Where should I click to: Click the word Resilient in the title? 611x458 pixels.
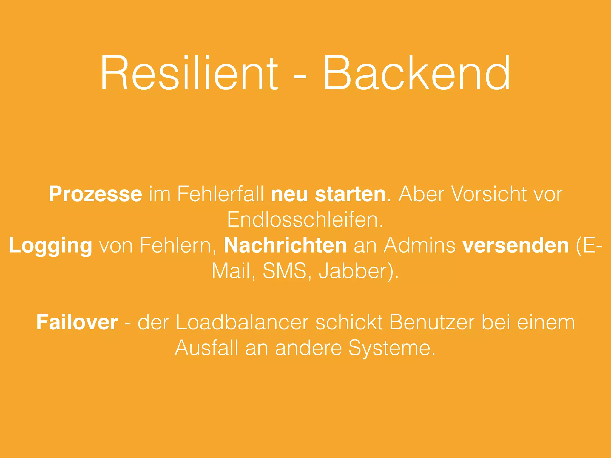[x=189, y=73]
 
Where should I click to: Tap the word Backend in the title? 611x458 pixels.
[x=416, y=73]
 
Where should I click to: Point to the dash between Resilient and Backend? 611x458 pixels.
[x=300, y=78]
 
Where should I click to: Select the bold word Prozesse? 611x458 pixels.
[x=95, y=194]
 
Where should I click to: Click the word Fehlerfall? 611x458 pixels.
[x=221, y=194]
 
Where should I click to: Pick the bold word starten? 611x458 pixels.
[x=351, y=194]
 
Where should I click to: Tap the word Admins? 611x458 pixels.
[x=419, y=245]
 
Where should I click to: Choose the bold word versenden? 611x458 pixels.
[x=516, y=245]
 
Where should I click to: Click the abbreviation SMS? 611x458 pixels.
[x=285, y=271]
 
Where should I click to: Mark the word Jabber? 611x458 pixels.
[x=355, y=271]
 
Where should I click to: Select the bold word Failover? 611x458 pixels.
[x=77, y=322]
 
